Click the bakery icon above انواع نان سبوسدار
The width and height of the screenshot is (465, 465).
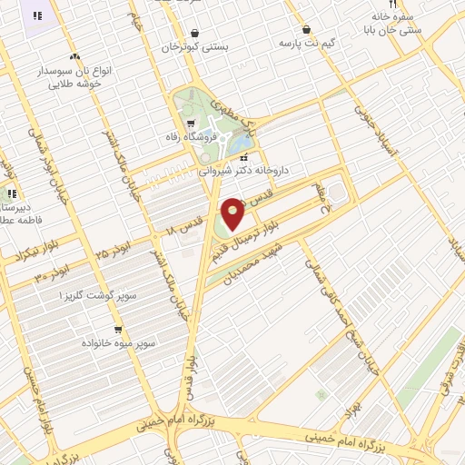(74, 56)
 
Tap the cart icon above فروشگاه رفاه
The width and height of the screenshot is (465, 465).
(190, 124)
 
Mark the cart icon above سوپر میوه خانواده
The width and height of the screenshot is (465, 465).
(118, 330)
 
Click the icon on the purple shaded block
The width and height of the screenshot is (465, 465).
(37, 15)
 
